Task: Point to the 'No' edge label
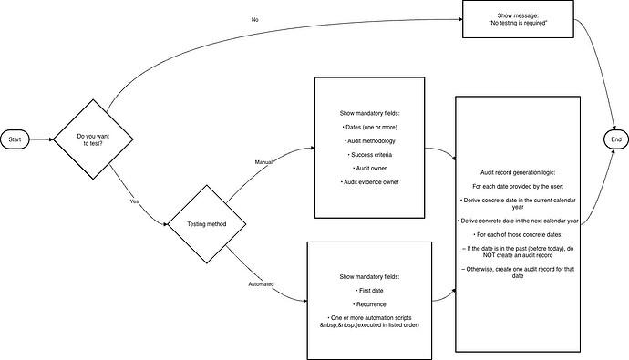[254, 20]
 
